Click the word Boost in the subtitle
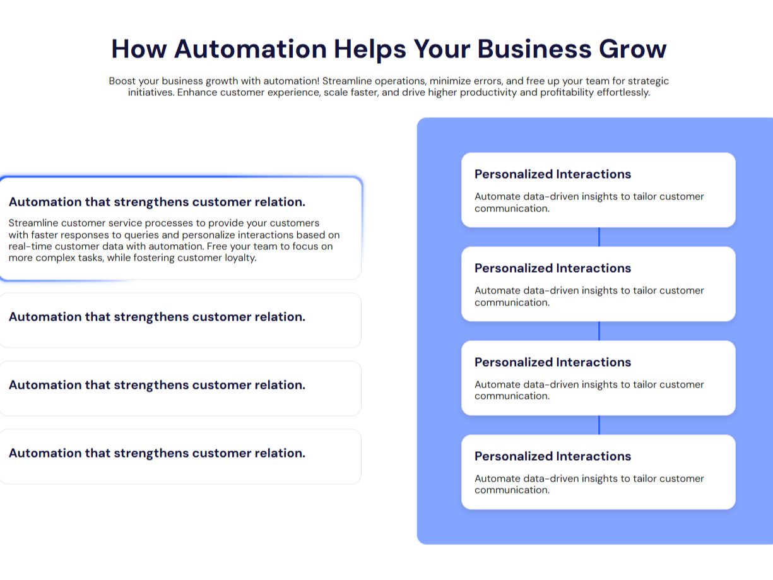pyautogui.click(x=122, y=81)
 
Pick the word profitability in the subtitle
pyautogui.click(x=557, y=92)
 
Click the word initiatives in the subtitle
pyautogui.click(x=151, y=92)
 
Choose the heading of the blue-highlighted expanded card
pyautogui.click(x=157, y=202)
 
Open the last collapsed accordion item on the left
pyautogui.click(x=157, y=453)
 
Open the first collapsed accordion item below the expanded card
pyautogui.click(x=157, y=317)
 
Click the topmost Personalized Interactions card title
pyautogui.click(x=553, y=174)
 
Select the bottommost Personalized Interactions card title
pyautogui.click(x=553, y=456)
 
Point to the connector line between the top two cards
pyautogui.click(x=599, y=237)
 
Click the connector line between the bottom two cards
pyautogui.click(x=599, y=425)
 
